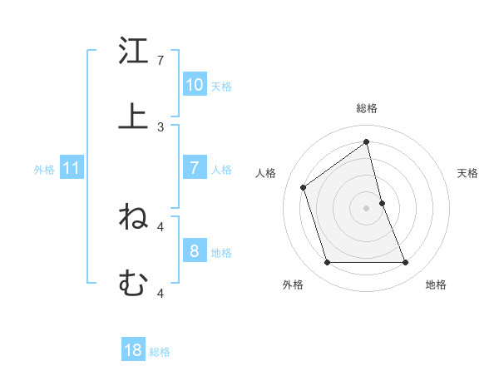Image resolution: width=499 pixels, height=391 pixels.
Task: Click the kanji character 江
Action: [133, 52]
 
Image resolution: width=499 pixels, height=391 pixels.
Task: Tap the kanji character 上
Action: [133, 116]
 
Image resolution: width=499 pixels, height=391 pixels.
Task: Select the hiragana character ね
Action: [133, 217]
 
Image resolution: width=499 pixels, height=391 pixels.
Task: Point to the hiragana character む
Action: [133, 283]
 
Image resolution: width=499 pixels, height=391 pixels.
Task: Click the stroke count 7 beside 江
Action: [161, 61]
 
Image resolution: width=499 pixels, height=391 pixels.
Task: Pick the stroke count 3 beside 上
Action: [161, 126]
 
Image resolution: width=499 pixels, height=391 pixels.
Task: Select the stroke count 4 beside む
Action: [161, 293]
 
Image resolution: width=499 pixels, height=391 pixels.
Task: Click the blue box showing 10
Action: [195, 85]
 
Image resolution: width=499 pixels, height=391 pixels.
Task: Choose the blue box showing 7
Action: [195, 168]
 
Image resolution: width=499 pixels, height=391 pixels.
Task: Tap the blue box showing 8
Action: [195, 251]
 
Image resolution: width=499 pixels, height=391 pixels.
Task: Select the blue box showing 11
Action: [72, 168]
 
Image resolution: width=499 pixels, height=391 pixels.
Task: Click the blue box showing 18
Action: [133, 350]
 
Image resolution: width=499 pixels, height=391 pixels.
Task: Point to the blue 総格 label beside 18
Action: [160, 352]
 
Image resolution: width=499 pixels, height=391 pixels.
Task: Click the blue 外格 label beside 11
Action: [44, 170]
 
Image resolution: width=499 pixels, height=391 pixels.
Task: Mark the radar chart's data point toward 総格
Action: [366, 142]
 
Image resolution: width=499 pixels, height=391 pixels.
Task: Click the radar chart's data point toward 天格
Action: [382, 203]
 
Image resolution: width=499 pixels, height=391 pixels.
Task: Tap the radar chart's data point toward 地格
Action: [405, 263]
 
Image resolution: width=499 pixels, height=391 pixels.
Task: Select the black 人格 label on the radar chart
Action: [266, 173]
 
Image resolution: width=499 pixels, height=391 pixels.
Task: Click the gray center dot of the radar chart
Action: [366, 208]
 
